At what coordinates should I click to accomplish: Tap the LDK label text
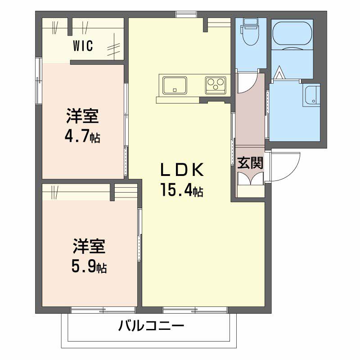point(184,171)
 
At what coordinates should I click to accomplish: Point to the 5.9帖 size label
point(89,267)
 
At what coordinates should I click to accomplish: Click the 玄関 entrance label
point(250,162)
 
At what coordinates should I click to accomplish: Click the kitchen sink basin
point(175,85)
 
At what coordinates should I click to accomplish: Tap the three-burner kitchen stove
point(216,84)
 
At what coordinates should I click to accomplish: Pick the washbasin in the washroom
point(311,96)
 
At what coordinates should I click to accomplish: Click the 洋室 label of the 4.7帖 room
point(82,117)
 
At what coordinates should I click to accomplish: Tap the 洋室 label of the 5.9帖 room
point(89,247)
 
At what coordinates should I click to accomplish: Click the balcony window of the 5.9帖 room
point(103,309)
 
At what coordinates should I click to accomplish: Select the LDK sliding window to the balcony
point(195,309)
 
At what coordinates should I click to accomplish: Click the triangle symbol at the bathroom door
point(279,72)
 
